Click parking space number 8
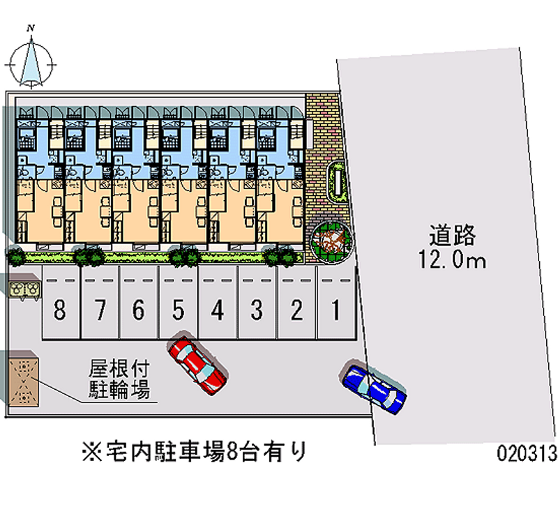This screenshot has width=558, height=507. pyautogui.click(x=60, y=308)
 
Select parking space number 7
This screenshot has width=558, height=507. pyautogui.click(x=100, y=308)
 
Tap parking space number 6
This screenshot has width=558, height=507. pyautogui.click(x=139, y=308)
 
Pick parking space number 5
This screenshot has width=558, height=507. pyautogui.click(x=179, y=308)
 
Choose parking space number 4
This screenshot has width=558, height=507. pyautogui.click(x=218, y=308)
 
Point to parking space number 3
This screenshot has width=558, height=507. pyautogui.click(x=257, y=308)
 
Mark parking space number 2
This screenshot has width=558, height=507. pyautogui.click(x=297, y=308)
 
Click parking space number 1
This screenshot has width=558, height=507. pyautogui.click(x=335, y=308)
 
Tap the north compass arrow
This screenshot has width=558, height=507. pyautogui.click(x=31, y=61)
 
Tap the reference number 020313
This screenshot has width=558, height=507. pyautogui.click(x=527, y=454)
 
